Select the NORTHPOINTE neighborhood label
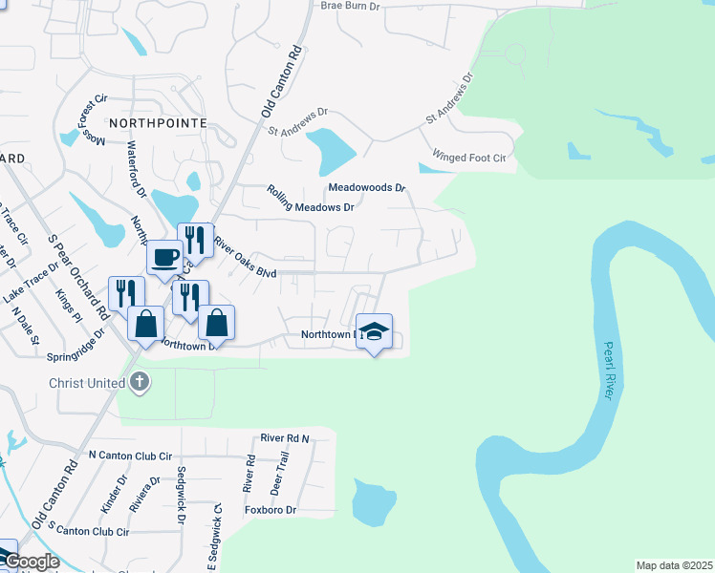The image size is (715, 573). point(158,123)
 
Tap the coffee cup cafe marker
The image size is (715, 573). point(164,258)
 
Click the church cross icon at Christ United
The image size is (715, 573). point(140,383)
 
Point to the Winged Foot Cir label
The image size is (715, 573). point(468,157)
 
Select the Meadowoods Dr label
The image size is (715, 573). point(367,188)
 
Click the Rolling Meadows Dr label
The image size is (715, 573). point(311,200)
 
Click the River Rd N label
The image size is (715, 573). point(285,438)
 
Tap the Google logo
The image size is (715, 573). point(31,562)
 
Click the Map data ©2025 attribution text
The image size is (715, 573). point(674,565)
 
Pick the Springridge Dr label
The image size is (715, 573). point(75,351)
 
